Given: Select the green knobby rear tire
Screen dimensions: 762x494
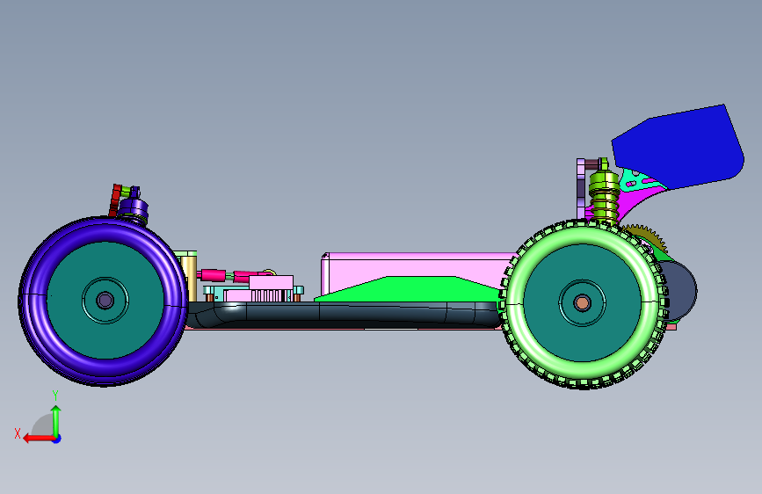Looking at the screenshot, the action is (x=515, y=304).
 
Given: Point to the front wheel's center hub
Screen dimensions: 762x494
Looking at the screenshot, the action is (x=105, y=301).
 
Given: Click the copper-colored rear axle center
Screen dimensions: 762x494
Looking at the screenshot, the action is (x=582, y=303).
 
